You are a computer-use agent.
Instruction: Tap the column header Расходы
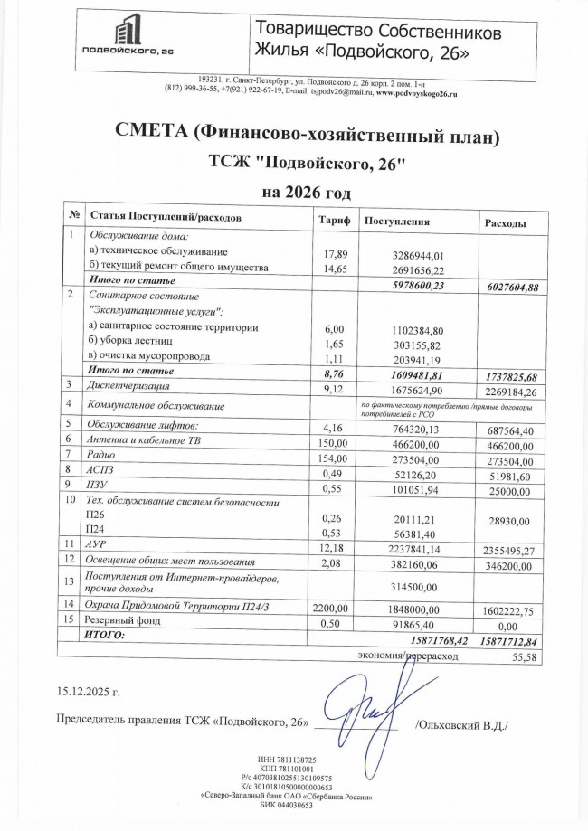[506, 222]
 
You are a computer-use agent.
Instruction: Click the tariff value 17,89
[335, 254]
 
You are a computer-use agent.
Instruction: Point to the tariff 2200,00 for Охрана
[328, 609]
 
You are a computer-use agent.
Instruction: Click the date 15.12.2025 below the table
[88, 693]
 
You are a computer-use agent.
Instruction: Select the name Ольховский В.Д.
[461, 725]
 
